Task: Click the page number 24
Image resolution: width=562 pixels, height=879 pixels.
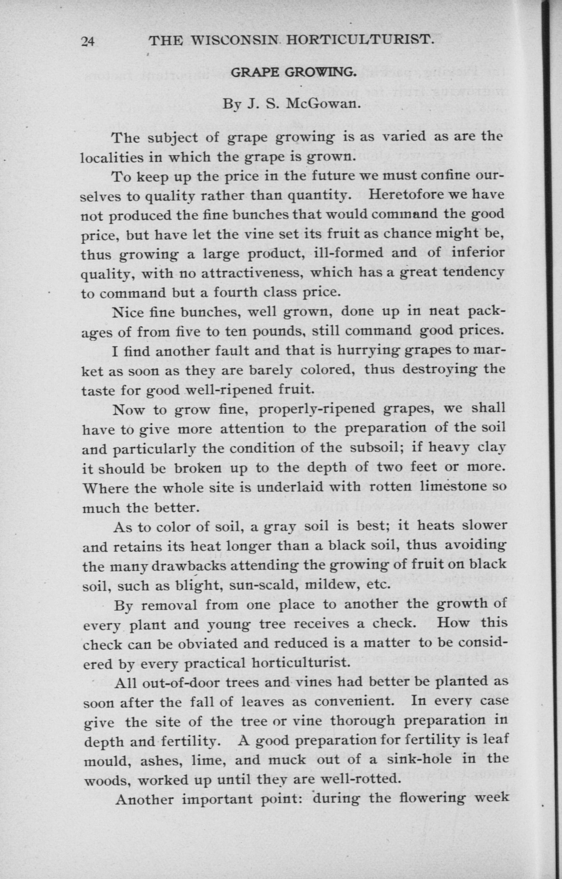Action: pos(88,42)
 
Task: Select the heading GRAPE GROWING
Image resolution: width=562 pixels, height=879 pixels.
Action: pos(294,73)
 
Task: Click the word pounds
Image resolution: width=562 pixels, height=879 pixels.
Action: pos(277,331)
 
